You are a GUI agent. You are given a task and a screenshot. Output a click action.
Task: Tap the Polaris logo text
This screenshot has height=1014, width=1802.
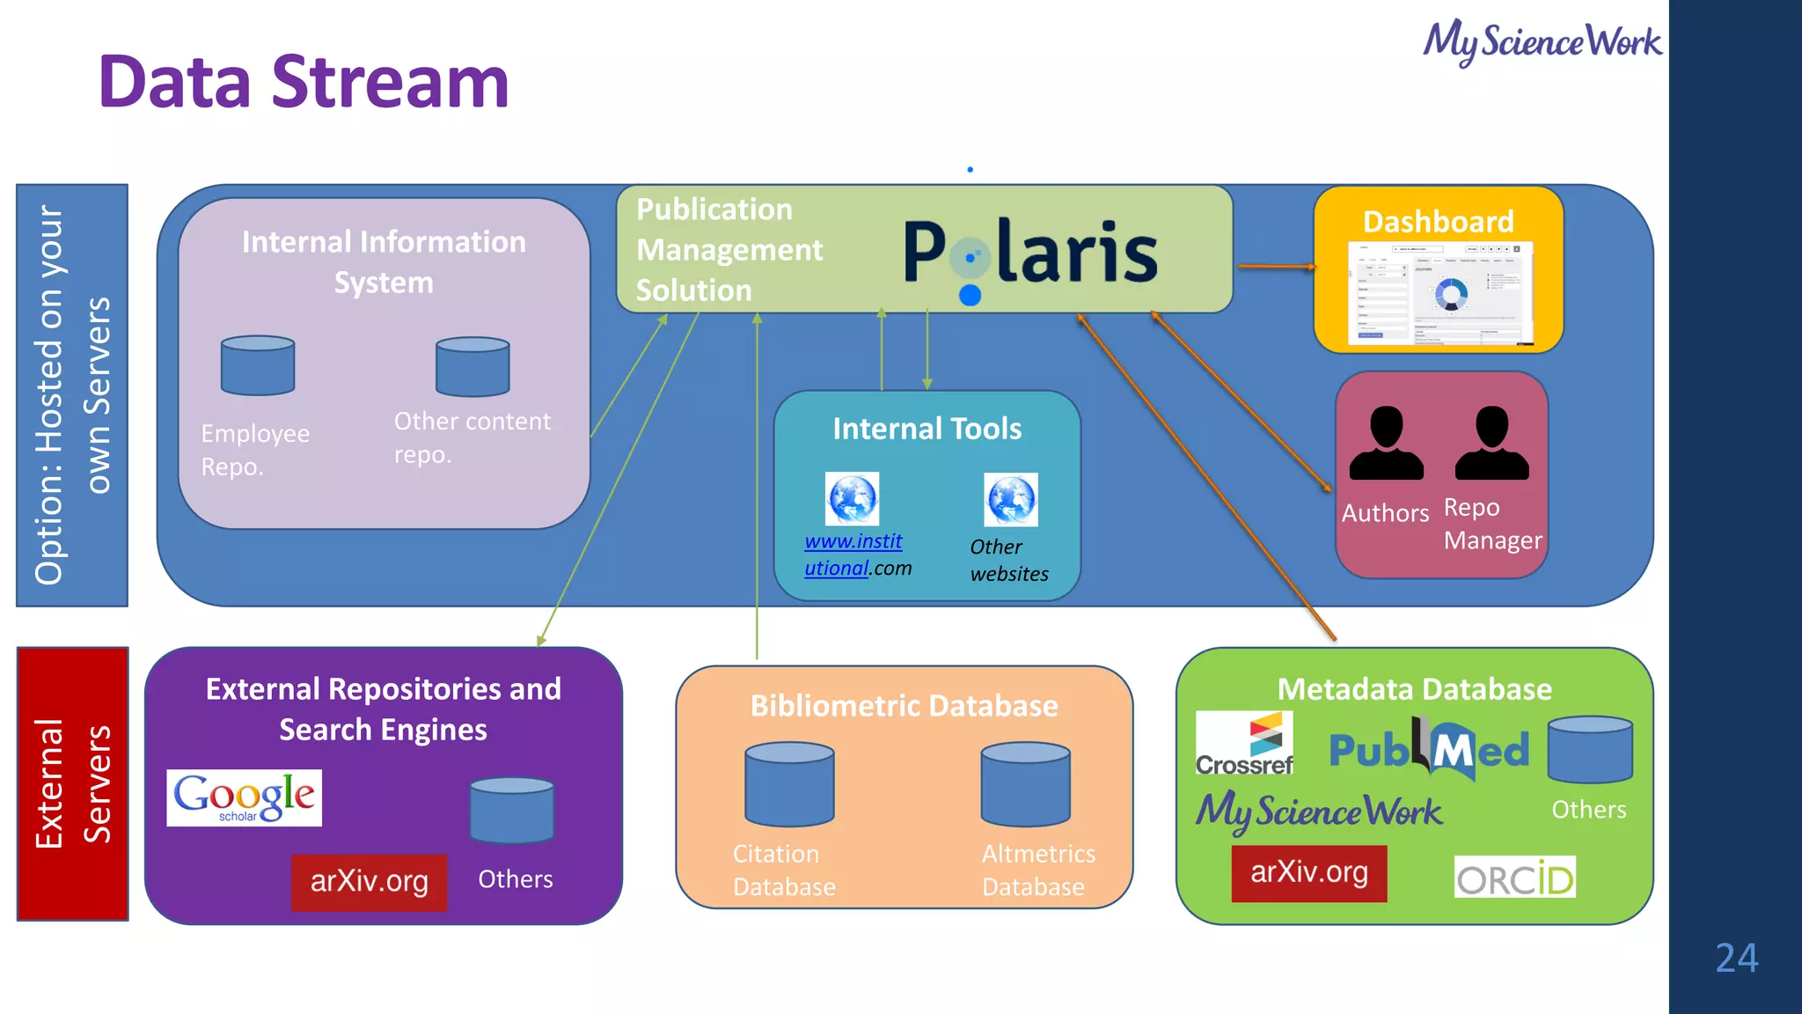(x=1029, y=253)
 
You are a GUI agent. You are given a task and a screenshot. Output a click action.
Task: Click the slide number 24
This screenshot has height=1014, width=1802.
(x=1736, y=958)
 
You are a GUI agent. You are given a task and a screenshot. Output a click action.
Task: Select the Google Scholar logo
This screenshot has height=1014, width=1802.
(x=244, y=797)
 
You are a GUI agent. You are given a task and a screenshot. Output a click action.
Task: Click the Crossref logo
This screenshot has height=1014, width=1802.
(x=1244, y=744)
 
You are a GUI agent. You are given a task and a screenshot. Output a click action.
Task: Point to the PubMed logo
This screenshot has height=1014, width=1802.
(x=1429, y=749)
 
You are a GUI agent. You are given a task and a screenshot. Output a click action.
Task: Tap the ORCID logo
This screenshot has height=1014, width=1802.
(x=1514, y=878)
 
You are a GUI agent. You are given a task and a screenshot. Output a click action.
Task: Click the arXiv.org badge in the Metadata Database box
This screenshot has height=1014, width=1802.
(x=1308, y=873)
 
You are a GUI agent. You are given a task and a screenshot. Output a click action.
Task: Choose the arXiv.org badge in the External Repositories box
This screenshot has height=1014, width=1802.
(x=369, y=881)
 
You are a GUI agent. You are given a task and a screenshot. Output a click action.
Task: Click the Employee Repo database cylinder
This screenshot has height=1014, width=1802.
(x=258, y=365)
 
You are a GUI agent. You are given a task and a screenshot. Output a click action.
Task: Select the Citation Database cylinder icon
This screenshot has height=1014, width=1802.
(x=789, y=783)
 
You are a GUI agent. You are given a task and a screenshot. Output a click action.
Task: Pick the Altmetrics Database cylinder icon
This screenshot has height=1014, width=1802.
(x=1025, y=783)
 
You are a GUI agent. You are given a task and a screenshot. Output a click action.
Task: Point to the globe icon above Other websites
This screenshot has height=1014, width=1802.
(x=1010, y=499)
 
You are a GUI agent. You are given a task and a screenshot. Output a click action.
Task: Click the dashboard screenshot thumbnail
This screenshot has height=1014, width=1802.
(x=1440, y=293)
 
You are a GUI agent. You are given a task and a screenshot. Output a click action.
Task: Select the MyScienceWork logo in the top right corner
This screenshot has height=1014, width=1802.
(x=1542, y=41)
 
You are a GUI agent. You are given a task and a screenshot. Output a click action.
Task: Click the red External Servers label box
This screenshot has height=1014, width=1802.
(x=72, y=783)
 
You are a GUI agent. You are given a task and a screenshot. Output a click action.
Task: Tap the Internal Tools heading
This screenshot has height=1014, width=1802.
(x=927, y=429)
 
